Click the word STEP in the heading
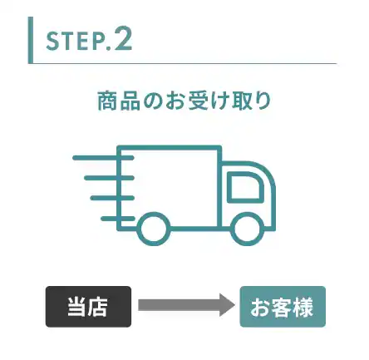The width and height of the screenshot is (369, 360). tap(75, 42)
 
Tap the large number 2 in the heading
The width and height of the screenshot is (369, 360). tap(123, 38)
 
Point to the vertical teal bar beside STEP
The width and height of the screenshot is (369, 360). tap(31, 40)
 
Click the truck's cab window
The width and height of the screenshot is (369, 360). tap(244, 186)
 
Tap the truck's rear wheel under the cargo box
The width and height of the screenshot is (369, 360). tap(154, 229)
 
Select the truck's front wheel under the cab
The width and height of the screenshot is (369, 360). tap(247, 229)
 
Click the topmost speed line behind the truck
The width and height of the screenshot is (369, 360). tap(104, 158)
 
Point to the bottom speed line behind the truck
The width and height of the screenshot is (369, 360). tap(118, 219)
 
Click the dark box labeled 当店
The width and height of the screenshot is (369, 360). tap(88, 307)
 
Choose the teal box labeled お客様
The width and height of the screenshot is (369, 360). tap(283, 307)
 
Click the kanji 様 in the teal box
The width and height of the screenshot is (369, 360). tap(303, 307)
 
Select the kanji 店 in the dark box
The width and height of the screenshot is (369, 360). tap(97, 307)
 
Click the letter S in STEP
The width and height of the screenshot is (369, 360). tap(52, 42)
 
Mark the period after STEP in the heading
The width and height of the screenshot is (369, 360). tap(109, 48)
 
